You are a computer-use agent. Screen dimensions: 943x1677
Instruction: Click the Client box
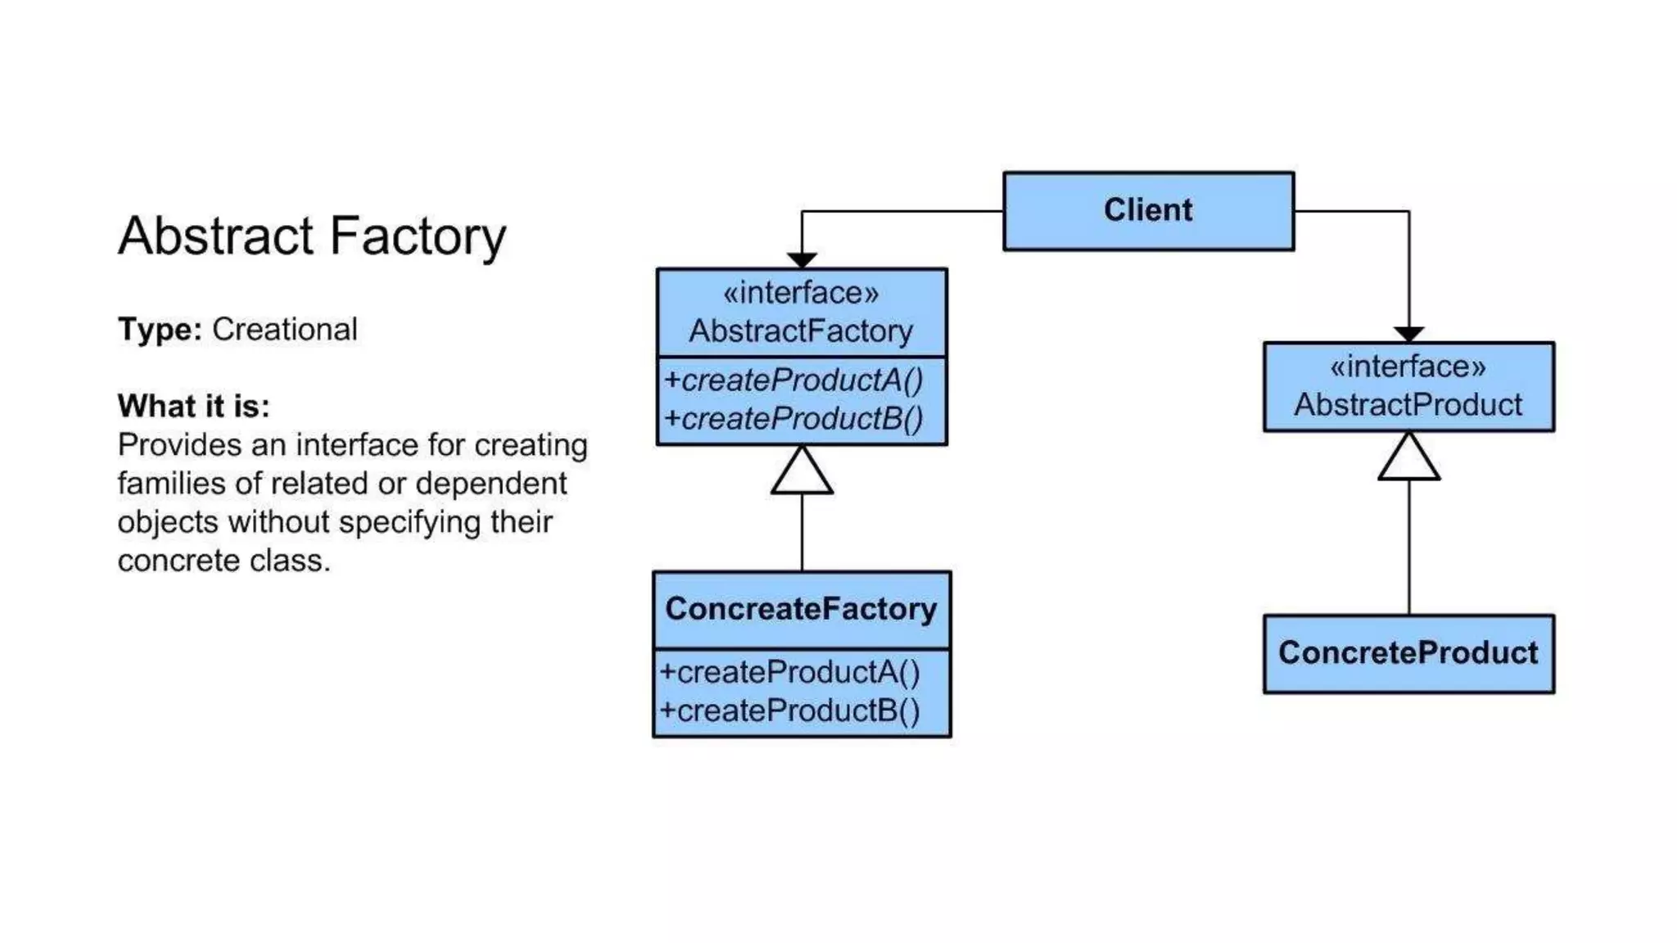click(x=1148, y=210)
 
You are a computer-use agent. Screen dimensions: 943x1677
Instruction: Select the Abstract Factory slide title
click(x=312, y=237)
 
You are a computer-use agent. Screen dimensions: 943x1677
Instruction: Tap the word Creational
click(x=284, y=329)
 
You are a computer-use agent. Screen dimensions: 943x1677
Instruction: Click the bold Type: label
click(x=160, y=329)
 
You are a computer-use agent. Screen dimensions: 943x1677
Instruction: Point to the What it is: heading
click(x=193, y=406)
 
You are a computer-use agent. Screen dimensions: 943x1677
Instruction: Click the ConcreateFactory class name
click(x=801, y=609)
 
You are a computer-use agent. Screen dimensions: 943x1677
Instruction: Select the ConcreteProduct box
click(x=1408, y=653)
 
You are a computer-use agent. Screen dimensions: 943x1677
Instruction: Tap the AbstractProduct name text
click(x=1408, y=404)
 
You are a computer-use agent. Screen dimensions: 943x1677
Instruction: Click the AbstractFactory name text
click(x=801, y=332)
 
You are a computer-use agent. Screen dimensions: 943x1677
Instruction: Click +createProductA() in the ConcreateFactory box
click(x=790, y=672)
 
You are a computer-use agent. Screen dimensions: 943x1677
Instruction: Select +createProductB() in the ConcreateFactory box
click(x=790, y=711)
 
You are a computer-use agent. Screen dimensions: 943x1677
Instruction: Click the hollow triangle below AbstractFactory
click(x=802, y=473)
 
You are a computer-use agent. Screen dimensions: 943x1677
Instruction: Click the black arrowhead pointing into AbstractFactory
click(x=802, y=260)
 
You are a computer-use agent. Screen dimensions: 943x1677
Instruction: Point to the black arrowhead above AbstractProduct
click(x=1408, y=334)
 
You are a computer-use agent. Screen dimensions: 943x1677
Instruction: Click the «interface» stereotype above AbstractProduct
click(x=1408, y=366)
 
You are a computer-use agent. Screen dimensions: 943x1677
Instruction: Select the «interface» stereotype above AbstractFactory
click(x=801, y=292)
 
